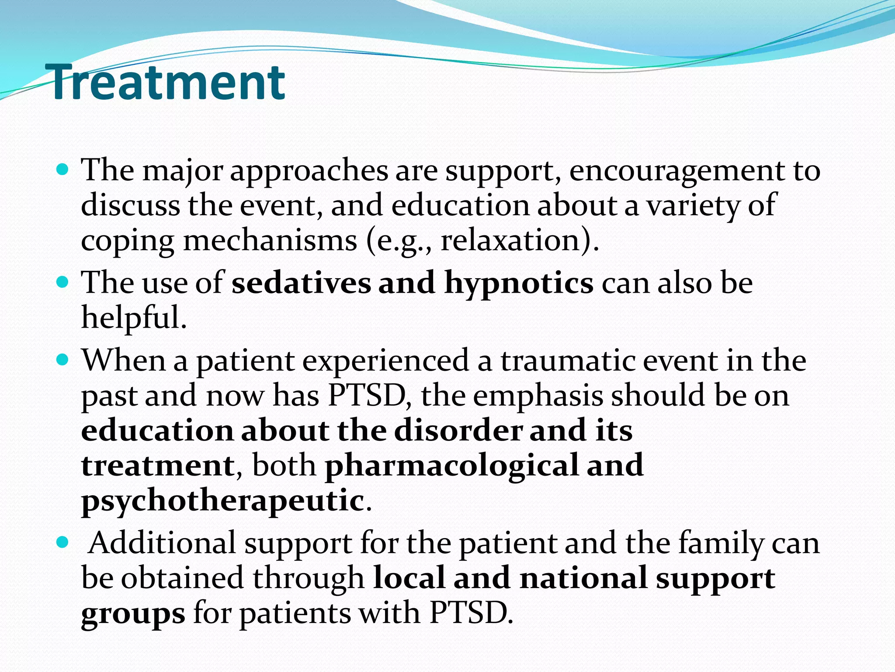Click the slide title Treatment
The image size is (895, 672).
click(x=168, y=82)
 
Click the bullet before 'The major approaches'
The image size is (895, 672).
click(x=63, y=169)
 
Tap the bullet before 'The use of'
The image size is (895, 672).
click(x=63, y=282)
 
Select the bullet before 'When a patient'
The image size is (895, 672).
click(x=63, y=360)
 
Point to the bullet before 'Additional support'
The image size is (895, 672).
click(x=63, y=542)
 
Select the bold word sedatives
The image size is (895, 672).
click(x=301, y=283)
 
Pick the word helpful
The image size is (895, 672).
click(x=134, y=317)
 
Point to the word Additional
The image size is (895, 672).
click(x=162, y=543)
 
